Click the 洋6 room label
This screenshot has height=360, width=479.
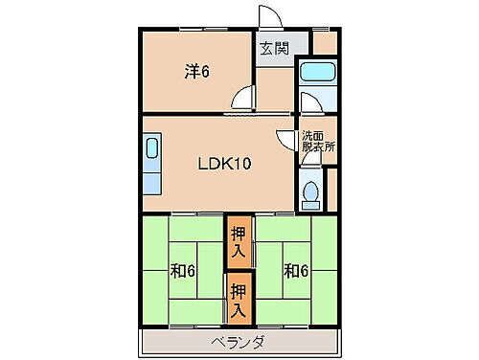click(197, 71)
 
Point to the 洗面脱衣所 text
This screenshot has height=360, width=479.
click(319, 142)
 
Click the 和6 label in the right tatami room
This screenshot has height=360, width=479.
click(295, 270)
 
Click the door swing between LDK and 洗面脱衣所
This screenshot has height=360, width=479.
click(284, 138)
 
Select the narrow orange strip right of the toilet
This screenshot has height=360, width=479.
click(333, 189)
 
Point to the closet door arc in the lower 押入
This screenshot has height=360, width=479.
click(233, 310)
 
